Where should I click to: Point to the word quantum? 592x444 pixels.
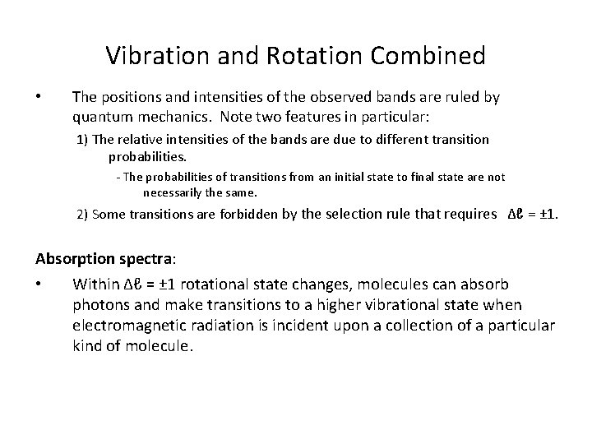101,116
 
